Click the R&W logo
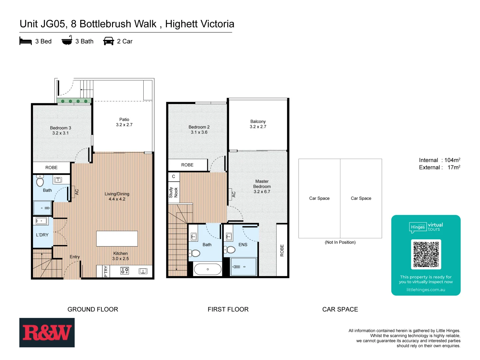pyautogui.click(x=47, y=333)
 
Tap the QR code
pyautogui.click(x=426, y=254)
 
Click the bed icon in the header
pyautogui.click(x=26, y=41)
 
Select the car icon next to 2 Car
pyautogui.click(x=109, y=41)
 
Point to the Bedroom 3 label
pyautogui.click(x=60, y=130)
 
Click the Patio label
pyautogui.click(x=124, y=122)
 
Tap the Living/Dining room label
pyautogui.click(x=117, y=196)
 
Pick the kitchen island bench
pyautogui.click(x=117, y=239)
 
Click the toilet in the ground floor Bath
pyautogui.click(x=40, y=181)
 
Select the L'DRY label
pyautogui.click(x=42, y=235)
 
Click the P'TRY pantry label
pyautogui.click(x=106, y=271)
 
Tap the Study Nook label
pyautogui.click(x=173, y=192)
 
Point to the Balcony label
pyautogui.click(x=258, y=124)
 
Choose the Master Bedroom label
pyautogui.click(x=262, y=186)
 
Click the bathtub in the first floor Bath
pyautogui.click(x=208, y=269)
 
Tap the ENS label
pyautogui.click(x=243, y=245)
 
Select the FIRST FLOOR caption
pyautogui.click(x=228, y=309)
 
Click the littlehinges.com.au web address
pyautogui.click(x=426, y=290)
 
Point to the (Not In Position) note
pyautogui.click(x=340, y=242)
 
